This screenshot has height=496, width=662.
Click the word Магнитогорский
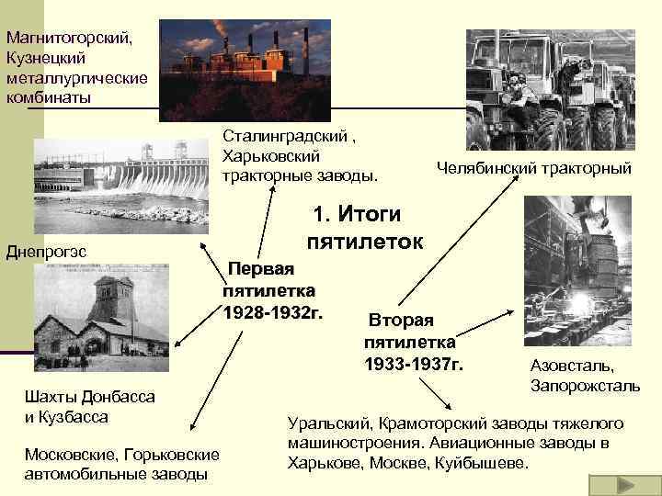pos(69,39)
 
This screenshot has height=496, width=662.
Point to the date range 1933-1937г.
pos(413,365)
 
